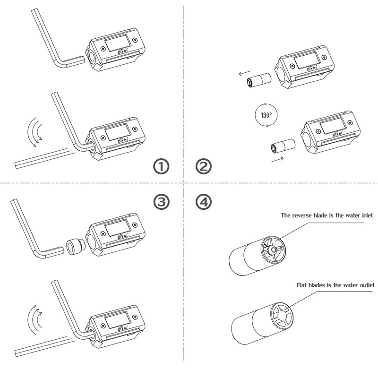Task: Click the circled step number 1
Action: point(161,167)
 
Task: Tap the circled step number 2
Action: point(204,167)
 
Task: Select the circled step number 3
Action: point(161,202)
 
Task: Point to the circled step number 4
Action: point(204,202)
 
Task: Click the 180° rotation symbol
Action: point(266,115)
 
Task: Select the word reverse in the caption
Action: point(302,215)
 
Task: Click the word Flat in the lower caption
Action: point(301,285)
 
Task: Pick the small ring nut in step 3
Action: point(75,247)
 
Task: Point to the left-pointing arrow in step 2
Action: point(245,73)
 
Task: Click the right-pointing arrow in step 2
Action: point(277,159)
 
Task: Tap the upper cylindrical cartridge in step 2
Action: point(259,80)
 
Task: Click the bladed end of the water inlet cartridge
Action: point(273,250)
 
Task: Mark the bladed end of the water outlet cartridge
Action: point(282,316)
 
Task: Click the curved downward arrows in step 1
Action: point(35,132)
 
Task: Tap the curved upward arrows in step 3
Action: point(35,320)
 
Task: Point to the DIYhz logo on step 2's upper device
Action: point(312,69)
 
